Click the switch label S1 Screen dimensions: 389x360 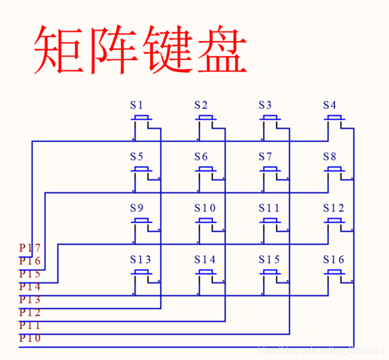pos(136,105)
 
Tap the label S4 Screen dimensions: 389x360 pos(330,105)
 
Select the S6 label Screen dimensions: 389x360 pos(201,156)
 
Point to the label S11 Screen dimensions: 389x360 pos(269,208)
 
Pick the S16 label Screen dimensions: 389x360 pos(333,259)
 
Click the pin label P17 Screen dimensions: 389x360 pos(30,248)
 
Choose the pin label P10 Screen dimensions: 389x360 pos(30,338)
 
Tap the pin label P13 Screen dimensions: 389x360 pos(30,300)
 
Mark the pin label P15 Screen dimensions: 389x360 pos(30,274)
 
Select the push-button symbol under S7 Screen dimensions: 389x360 pos(270,171)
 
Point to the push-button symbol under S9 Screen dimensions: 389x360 pos(141,222)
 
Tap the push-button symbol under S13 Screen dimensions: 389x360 pos(141,273)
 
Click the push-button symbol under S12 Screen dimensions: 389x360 pos(335,222)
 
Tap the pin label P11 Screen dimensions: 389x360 pos(30,325)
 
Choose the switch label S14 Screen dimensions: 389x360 pos(205,259)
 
